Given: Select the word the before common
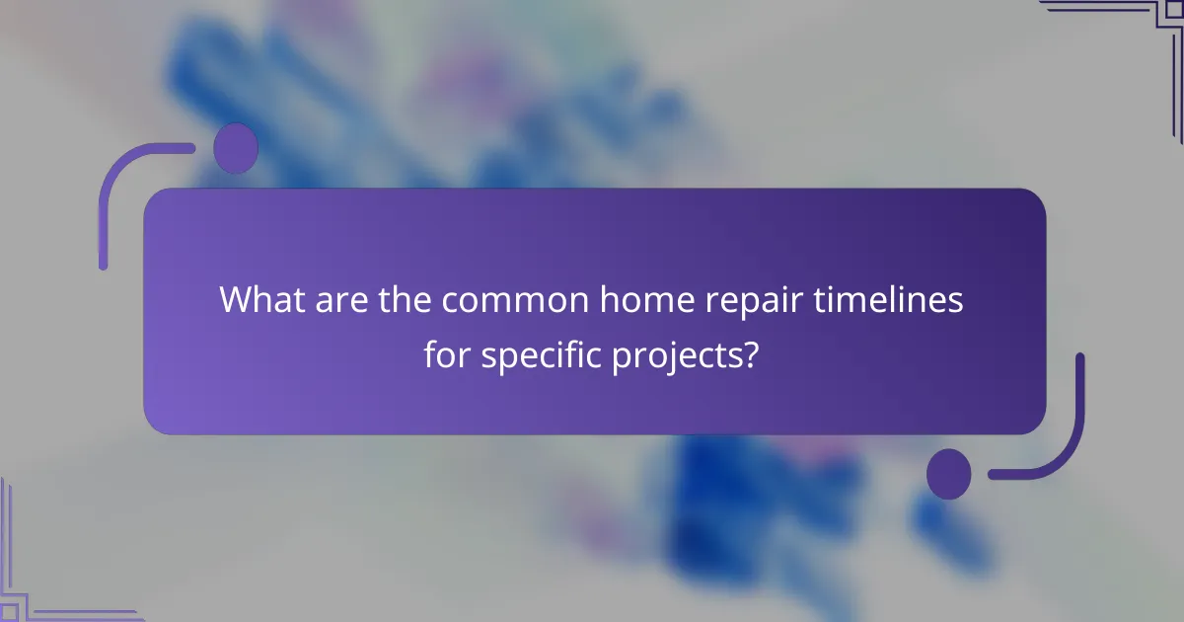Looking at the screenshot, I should point(407,300).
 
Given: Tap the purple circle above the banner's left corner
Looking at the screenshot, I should point(236,149).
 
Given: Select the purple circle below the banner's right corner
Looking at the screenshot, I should point(948,473).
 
